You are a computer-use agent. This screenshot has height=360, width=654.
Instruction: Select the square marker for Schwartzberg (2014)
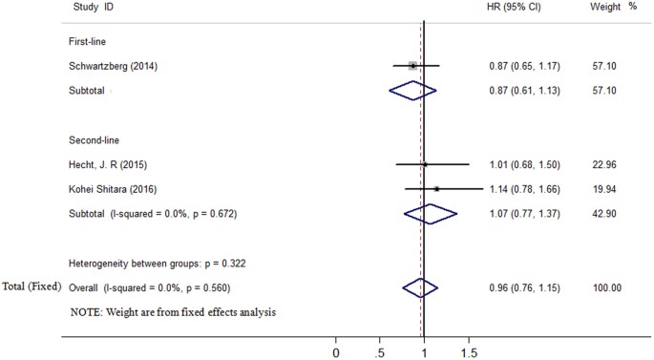point(412,66)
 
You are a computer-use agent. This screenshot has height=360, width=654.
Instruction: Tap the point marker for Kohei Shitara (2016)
point(436,189)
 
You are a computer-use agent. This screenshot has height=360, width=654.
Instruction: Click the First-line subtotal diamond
point(412,91)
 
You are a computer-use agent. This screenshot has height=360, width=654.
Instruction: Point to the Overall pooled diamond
point(420,286)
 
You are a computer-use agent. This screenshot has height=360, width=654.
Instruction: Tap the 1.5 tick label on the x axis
point(468,352)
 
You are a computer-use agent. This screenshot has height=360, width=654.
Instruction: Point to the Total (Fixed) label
point(32,286)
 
